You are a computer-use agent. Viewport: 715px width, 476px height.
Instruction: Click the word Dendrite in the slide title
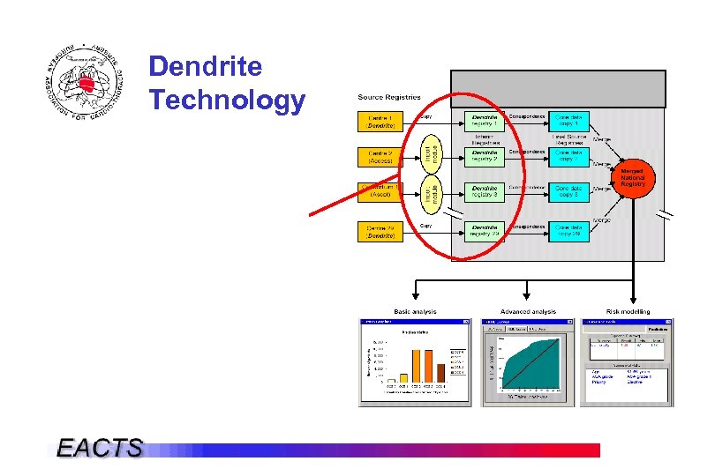tap(206, 67)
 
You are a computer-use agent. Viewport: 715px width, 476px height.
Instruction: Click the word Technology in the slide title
tap(227, 100)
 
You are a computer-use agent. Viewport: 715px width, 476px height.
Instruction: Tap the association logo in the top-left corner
tap(83, 84)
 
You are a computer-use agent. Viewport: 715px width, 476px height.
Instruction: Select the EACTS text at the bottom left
tap(100, 448)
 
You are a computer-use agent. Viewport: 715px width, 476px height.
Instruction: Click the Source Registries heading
tap(388, 97)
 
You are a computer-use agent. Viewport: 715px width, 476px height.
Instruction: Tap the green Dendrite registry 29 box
tap(484, 231)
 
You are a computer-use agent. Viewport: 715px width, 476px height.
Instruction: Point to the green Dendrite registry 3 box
tap(484, 192)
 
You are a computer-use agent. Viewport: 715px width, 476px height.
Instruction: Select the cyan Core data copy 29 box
tap(568, 231)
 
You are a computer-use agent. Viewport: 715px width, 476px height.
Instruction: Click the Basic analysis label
tap(414, 312)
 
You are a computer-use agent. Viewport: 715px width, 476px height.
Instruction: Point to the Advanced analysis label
tap(528, 312)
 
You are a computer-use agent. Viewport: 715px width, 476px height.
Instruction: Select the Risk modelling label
tap(628, 312)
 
